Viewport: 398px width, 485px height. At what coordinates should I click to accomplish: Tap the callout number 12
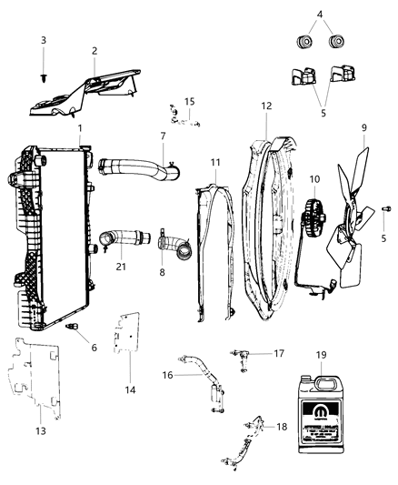click(x=266, y=106)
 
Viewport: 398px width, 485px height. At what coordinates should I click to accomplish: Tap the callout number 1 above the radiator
click(x=80, y=127)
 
